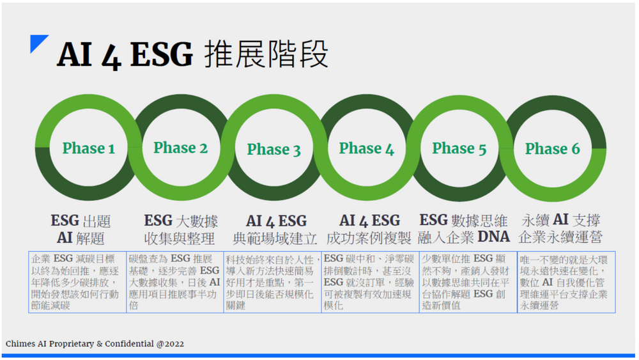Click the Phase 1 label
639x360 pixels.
click(89, 149)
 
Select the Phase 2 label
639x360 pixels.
click(180, 148)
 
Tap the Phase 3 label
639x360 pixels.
click(273, 150)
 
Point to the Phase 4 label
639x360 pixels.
click(366, 149)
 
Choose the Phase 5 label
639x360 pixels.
click(459, 149)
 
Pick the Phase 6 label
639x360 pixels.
click(552, 149)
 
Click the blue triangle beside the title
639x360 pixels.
click(39, 44)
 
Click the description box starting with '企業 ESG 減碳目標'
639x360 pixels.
click(77, 282)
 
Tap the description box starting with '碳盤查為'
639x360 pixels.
click(174, 282)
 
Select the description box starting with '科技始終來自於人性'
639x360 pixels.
click(272, 282)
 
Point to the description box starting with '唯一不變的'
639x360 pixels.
click(566, 282)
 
